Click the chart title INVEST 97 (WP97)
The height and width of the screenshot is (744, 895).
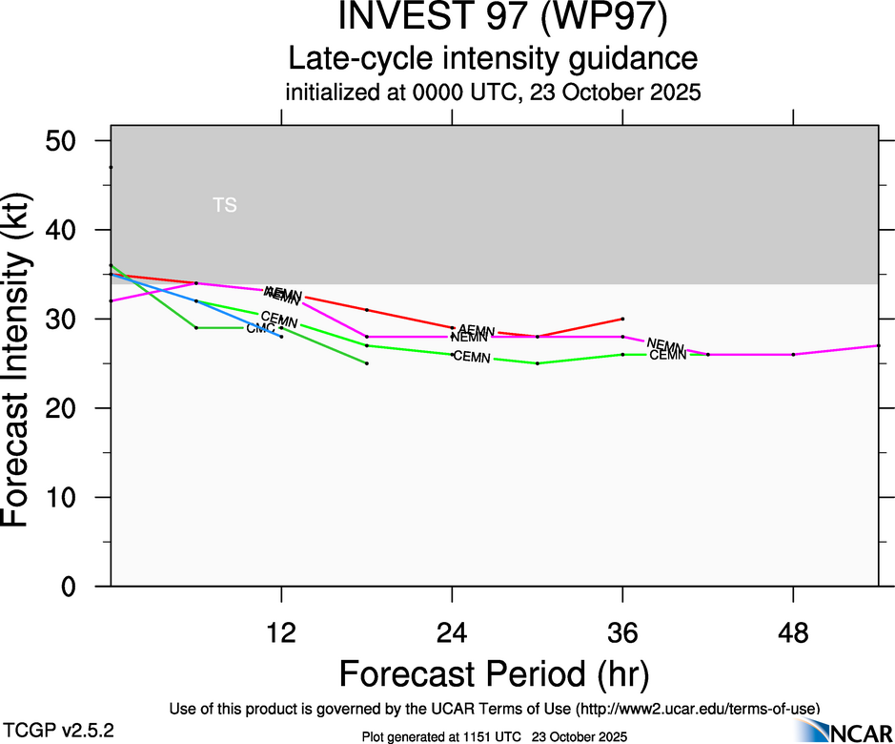click(493, 19)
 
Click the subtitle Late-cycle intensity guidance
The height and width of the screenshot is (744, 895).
click(493, 59)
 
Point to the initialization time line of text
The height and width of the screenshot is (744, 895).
click(493, 93)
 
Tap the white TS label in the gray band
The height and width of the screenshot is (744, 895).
click(225, 204)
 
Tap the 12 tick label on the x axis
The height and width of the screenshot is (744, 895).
click(281, 633)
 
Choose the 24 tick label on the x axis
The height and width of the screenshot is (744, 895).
click(452, 633)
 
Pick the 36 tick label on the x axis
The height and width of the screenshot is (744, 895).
click(622, 633)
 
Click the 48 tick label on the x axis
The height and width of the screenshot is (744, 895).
click(793, 633)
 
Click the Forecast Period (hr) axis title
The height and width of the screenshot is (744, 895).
click(493, 673)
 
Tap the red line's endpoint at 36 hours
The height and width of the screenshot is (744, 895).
click(622, 319)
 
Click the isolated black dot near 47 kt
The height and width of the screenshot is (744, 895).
click(111, 167)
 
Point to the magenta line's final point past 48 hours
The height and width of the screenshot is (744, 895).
click(878, 345)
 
